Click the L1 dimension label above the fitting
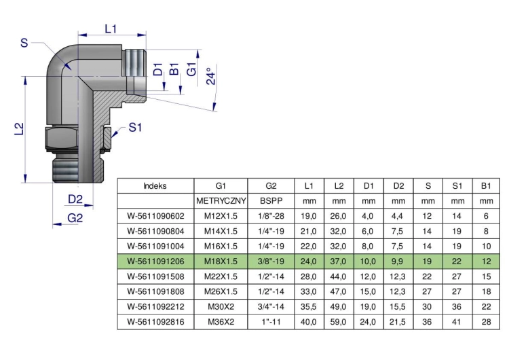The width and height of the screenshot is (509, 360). pyautogui.click(x=111, y=29)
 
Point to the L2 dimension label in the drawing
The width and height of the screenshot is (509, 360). pyautogui.click(x=20, y=128)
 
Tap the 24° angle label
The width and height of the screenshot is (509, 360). pyautogui.click(x=210, y=76)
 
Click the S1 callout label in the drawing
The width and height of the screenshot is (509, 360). pyautogui.click(x=135, y=128)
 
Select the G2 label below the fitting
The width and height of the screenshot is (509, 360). pyautogui.click(x=75, y=217)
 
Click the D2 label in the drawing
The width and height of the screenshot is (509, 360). pyautogui.click(x=75, y=199)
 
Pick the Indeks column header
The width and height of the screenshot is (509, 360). pyautogui.click(x=155, y=186)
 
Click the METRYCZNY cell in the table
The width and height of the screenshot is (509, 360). pyautogui.click(x=221, y=201)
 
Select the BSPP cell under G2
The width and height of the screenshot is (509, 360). pyautogui.click(x=271, y=201)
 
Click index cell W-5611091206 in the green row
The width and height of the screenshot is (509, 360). pyautogui.click(x=156, y=262)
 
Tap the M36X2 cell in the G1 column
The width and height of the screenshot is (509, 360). pyautogui.click(x=221, y=322)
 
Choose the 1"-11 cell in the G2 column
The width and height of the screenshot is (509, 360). pyautogui.click(x=271, y=322)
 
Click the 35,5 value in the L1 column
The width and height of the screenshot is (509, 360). pyautogui.click(x=309, y=307)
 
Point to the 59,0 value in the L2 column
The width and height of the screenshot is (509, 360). pyautogui.click(x=338, y=322)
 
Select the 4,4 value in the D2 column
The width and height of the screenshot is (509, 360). pyautogui.click(x=398, y=216)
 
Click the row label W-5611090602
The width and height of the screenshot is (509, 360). pyautogui.click(x=156, y=216)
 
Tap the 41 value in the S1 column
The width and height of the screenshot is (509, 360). pyautogui.click(x=457, y=322)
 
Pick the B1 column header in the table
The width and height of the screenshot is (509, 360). pyautogui.click(x=486, y=186)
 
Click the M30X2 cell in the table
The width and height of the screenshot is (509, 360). pyautogui.click(x=221, y=307)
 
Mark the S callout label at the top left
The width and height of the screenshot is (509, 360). pyautogui.click(x=24, y=43)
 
